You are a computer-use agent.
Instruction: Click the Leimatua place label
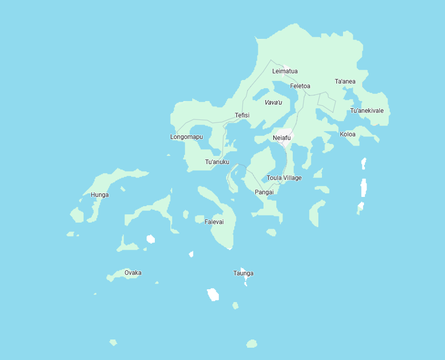(285, 71)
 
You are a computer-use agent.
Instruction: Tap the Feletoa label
(300, 86)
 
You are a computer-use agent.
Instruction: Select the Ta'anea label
(345, 82)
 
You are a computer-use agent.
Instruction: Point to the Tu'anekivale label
(367, 111)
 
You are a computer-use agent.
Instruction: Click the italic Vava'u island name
(273, 103)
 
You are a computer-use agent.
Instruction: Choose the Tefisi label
(242, 115)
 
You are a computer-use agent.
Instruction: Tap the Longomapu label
(186, 137)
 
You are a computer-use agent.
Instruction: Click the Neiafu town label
(281, 138)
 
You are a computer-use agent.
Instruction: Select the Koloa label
(348, 134)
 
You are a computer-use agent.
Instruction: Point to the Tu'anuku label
(217, 162)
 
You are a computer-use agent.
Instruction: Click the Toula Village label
(284, 178)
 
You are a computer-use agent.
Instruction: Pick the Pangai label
(264, 192)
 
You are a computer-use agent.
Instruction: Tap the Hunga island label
(99, 195)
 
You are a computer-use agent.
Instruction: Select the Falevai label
(214, 222)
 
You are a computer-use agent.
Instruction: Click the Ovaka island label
(133, 273)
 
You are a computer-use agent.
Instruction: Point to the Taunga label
(243, 273)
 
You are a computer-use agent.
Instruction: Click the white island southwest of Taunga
(213, 295)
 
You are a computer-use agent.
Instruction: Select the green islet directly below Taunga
(235, 306)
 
